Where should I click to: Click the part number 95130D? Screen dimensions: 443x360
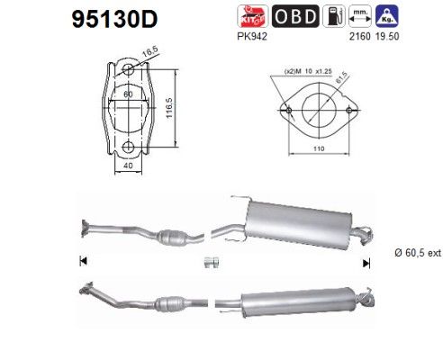(114, 19)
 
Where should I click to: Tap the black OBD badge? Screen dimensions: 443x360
(295, 16)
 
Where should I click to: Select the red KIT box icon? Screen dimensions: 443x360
(252, 16)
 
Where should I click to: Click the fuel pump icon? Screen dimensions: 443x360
(334, 16)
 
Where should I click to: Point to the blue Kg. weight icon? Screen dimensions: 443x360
(387, 16)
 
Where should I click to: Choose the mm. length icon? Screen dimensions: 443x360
(360, 16)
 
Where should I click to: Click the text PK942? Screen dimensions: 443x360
(252, 36)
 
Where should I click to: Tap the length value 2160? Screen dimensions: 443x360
(360, 36)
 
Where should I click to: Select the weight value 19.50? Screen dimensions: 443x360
(387, 36)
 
